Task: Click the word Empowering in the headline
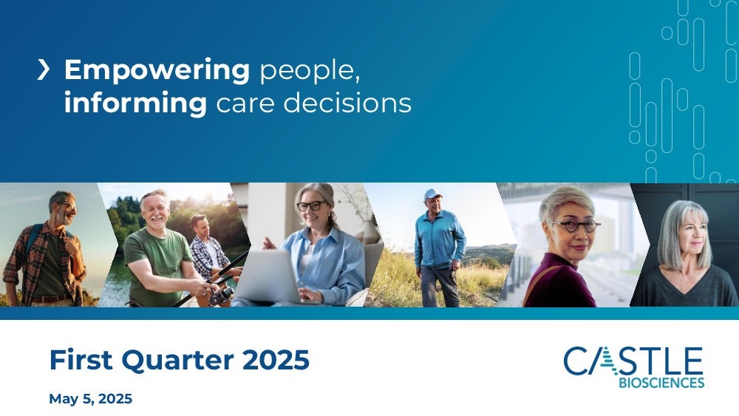click(157, 71)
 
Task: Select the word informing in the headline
click(136, 102)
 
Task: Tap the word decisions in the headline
click(347, 102)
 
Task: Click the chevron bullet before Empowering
click(44, 69)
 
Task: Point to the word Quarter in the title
click(177, 361)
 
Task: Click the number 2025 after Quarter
click(276, 360)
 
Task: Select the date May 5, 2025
click(90, 399)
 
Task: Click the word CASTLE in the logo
click(633, 361)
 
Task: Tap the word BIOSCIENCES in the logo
click(661, 383)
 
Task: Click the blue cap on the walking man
click(432, 194)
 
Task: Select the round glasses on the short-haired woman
click(573, 225)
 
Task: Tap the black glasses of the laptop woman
click(310, 206)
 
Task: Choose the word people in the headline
click(310, 72)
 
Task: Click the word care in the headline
click(245, 103)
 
